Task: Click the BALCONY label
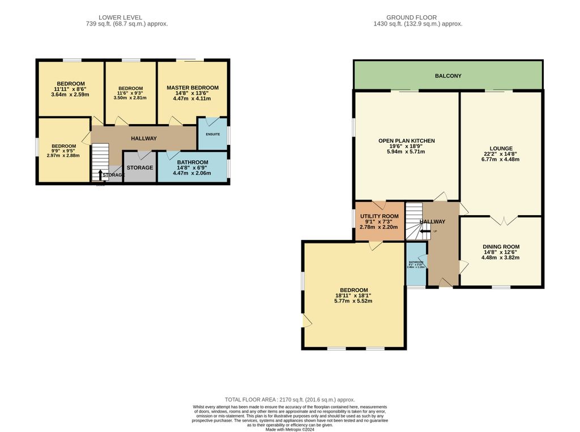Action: point(448,76)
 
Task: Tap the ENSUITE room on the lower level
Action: point(212,134)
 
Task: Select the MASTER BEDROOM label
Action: point(192,88)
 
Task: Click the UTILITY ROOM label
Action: point(379,216)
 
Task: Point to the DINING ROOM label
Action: point(501,247)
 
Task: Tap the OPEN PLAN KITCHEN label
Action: point(406,140)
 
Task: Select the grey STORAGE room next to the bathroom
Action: point(139,168)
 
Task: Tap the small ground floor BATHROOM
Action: point(416,264)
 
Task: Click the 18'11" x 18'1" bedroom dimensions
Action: point(353,296)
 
